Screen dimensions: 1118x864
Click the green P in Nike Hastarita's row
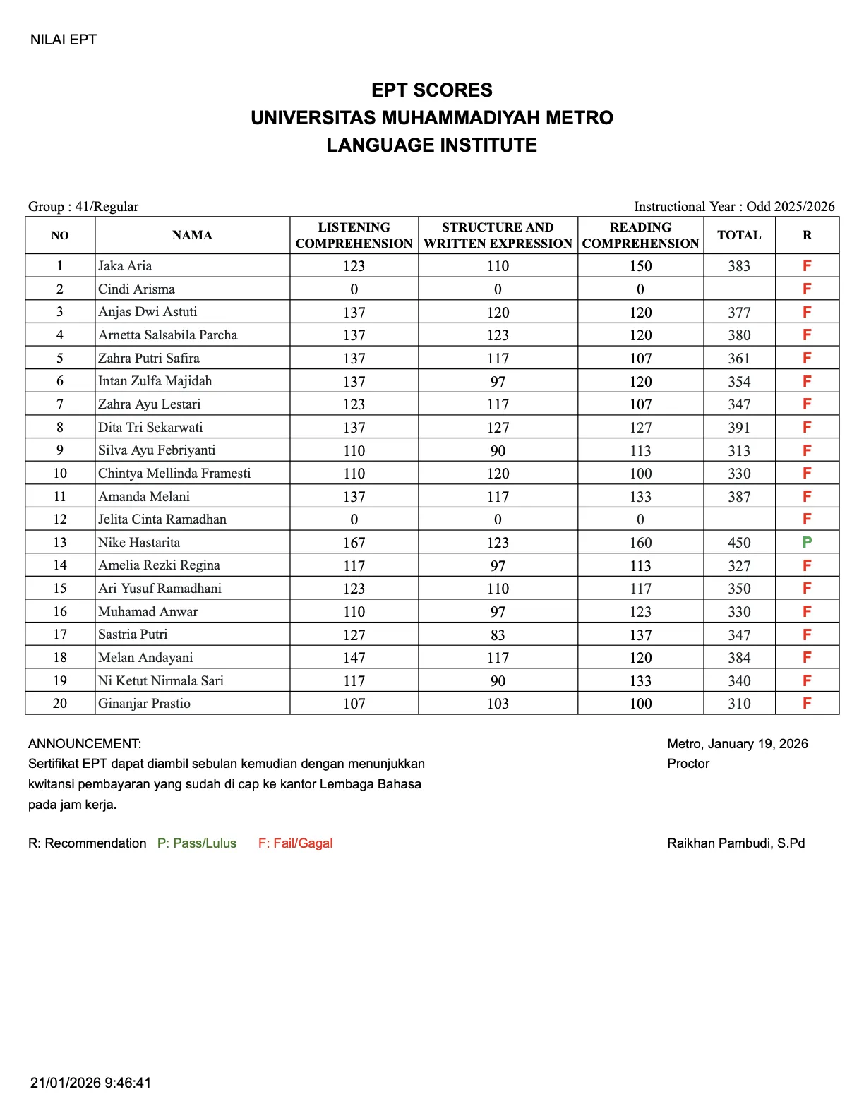[807, 542]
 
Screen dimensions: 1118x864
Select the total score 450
[739, 543]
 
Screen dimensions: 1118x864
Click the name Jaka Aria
[125, 266]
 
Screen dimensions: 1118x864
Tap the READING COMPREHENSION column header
[640, 235]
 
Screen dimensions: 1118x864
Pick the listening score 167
[354, 543]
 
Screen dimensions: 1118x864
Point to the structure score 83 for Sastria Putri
[498, 635]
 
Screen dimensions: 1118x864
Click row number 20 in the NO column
[60, 704]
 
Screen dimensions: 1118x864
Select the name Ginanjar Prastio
[144, 704]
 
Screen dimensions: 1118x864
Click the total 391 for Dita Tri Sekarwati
[739, 428]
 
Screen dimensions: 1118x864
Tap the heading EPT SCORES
[431, 90]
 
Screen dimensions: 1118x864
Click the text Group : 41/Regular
[83, 206]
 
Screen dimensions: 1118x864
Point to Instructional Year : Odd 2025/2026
[734, 206]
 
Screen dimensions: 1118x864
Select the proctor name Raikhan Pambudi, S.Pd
[736, 843]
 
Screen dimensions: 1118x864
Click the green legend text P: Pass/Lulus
[196, 843]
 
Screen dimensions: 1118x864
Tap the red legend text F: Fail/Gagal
[295, 843]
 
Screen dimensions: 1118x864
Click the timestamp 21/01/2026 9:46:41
[90, 1083]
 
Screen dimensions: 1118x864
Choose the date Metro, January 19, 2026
[737, 743]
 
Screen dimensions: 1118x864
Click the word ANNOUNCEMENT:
[85, 743]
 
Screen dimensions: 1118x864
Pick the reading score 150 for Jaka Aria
[640, 266]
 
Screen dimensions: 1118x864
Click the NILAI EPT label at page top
[63, 40]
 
